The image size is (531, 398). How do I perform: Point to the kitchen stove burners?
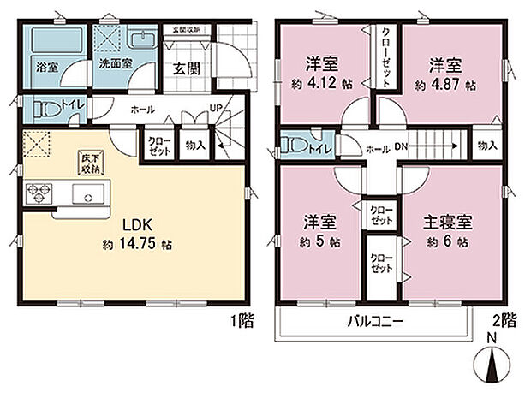[x=39, y=194]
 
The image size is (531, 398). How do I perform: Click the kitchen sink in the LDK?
[x=88, y=196]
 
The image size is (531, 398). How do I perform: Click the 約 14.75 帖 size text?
[x=136, y=245]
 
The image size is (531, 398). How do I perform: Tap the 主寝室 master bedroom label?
[x=442, y=222]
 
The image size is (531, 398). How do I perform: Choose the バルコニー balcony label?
[x=376, y=324]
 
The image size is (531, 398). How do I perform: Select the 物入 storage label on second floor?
[x=487, y=146]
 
